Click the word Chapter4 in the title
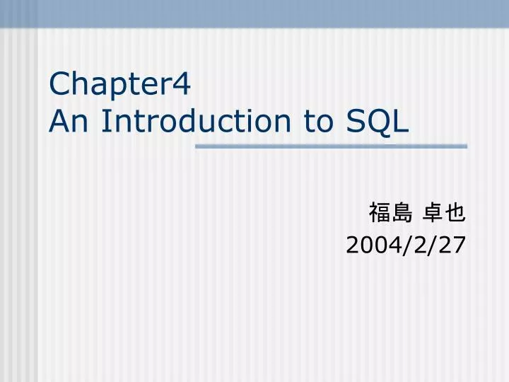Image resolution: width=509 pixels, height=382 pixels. point(120,85)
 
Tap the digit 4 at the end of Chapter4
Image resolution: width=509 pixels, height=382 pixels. point(182,84)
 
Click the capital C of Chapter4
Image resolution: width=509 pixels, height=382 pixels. point(59,84)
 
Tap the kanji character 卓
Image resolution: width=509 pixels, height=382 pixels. point(433,212)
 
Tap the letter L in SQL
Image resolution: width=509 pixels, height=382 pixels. point(402,121)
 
